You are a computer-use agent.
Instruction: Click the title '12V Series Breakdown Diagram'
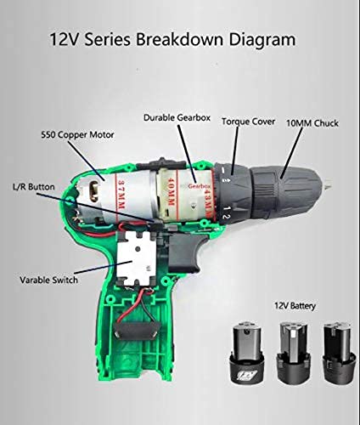click(x=172, y=39)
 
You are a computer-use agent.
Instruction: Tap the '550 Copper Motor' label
click(x=77, y=134)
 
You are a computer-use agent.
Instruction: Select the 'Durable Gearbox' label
click(x=177, y=117)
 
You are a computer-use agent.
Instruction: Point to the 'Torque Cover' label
click(x=248, y=122)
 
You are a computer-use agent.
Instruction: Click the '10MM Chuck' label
click(x=312, y=123)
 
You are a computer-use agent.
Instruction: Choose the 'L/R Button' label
click(x=34, y=187)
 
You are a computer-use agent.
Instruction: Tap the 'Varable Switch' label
click(x=48, y=280)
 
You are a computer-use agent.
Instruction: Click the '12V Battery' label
click(x=295, y=306)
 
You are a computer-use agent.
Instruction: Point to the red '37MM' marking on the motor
click(x=121, y=195)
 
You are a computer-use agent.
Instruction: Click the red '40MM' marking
click(x=171, y=192)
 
